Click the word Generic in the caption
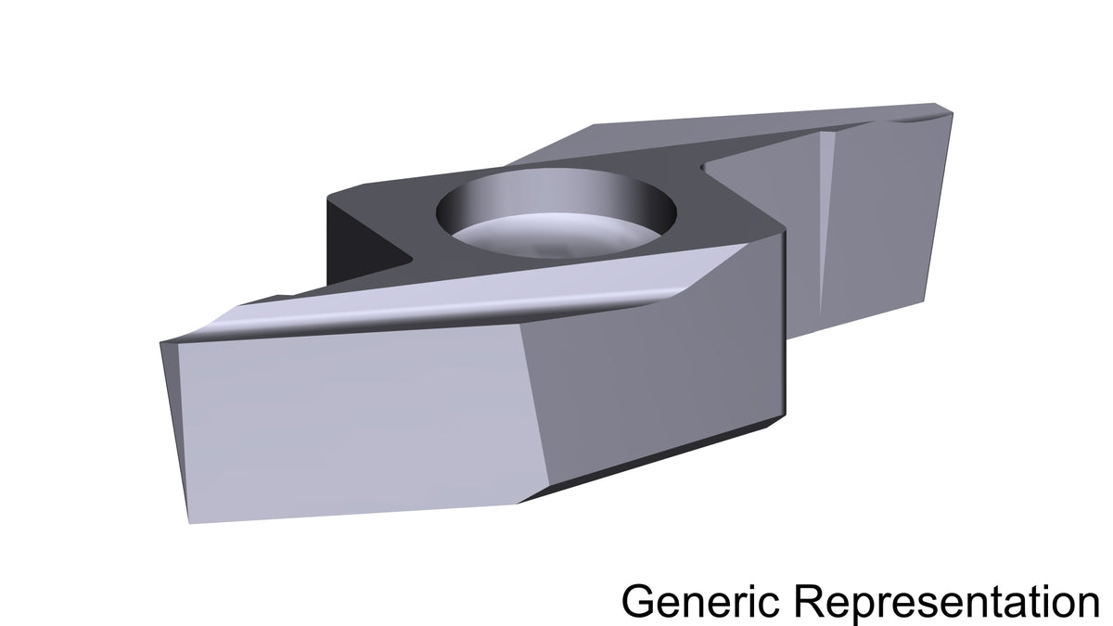coord(700,601)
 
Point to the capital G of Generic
coord(637,601)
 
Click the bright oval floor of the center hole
coord(553,236)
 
